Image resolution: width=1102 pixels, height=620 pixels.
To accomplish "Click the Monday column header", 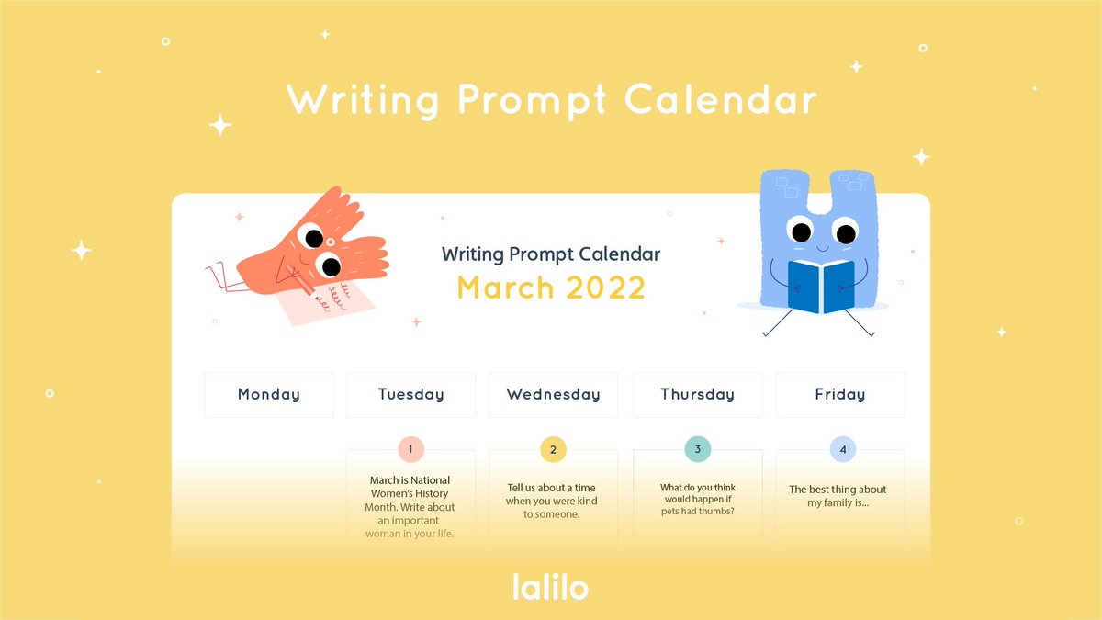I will pos(268,395).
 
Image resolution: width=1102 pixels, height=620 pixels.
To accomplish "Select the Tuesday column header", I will pos(410,395).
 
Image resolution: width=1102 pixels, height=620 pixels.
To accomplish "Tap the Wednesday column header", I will pos(553,395).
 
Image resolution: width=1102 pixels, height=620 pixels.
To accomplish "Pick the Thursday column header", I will pos(697,395).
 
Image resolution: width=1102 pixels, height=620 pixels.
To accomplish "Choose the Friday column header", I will pos(839,395).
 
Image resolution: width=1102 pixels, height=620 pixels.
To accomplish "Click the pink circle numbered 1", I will pos(410,449).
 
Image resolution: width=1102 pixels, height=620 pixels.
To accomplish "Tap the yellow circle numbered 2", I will pos(553,449).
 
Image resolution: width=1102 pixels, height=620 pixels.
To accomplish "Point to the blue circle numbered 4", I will pos(843,449).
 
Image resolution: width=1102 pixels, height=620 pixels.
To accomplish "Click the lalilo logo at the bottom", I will pos(550,586).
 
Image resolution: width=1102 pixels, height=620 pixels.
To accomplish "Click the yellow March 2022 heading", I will pos(551,287).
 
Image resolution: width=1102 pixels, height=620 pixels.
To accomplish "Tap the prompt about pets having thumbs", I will pos(697,500).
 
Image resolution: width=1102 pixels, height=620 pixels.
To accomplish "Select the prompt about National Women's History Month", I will pos(410,506).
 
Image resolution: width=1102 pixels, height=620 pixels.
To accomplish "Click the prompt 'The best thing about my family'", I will pos(838,496).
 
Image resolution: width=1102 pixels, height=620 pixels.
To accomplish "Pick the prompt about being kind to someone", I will pos(553,501).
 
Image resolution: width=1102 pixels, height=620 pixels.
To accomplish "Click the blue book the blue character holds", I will pos(821,286).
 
